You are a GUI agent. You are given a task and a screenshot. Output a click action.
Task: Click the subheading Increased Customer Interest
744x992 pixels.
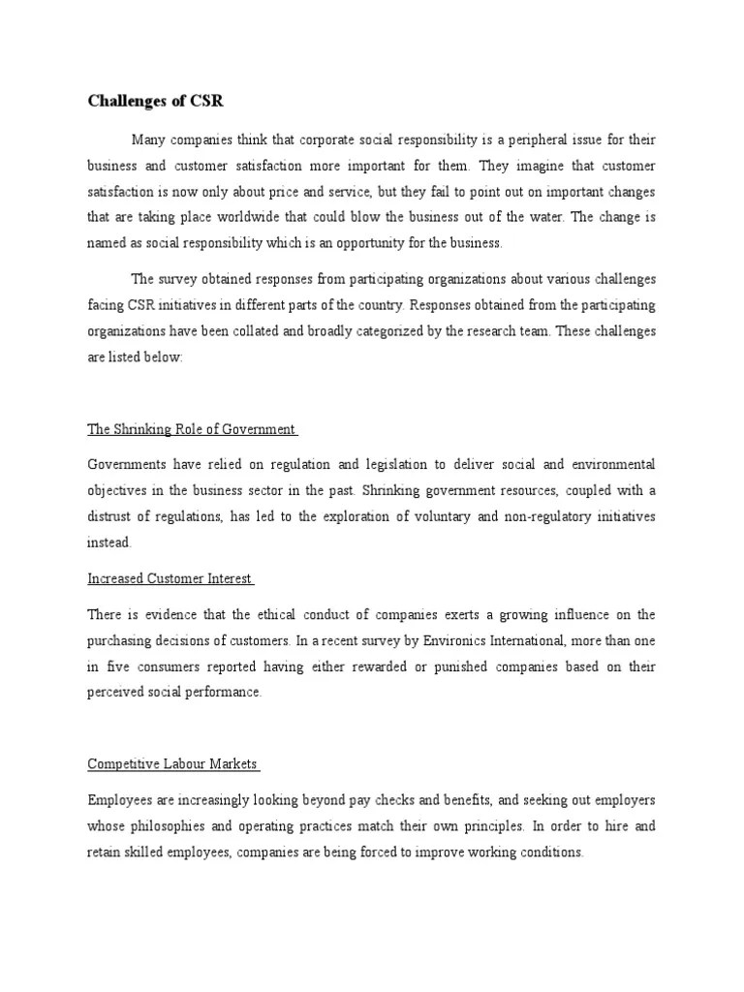(x=170, y=578)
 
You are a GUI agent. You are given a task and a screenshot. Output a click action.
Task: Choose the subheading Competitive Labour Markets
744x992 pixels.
(x=171, y=763)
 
